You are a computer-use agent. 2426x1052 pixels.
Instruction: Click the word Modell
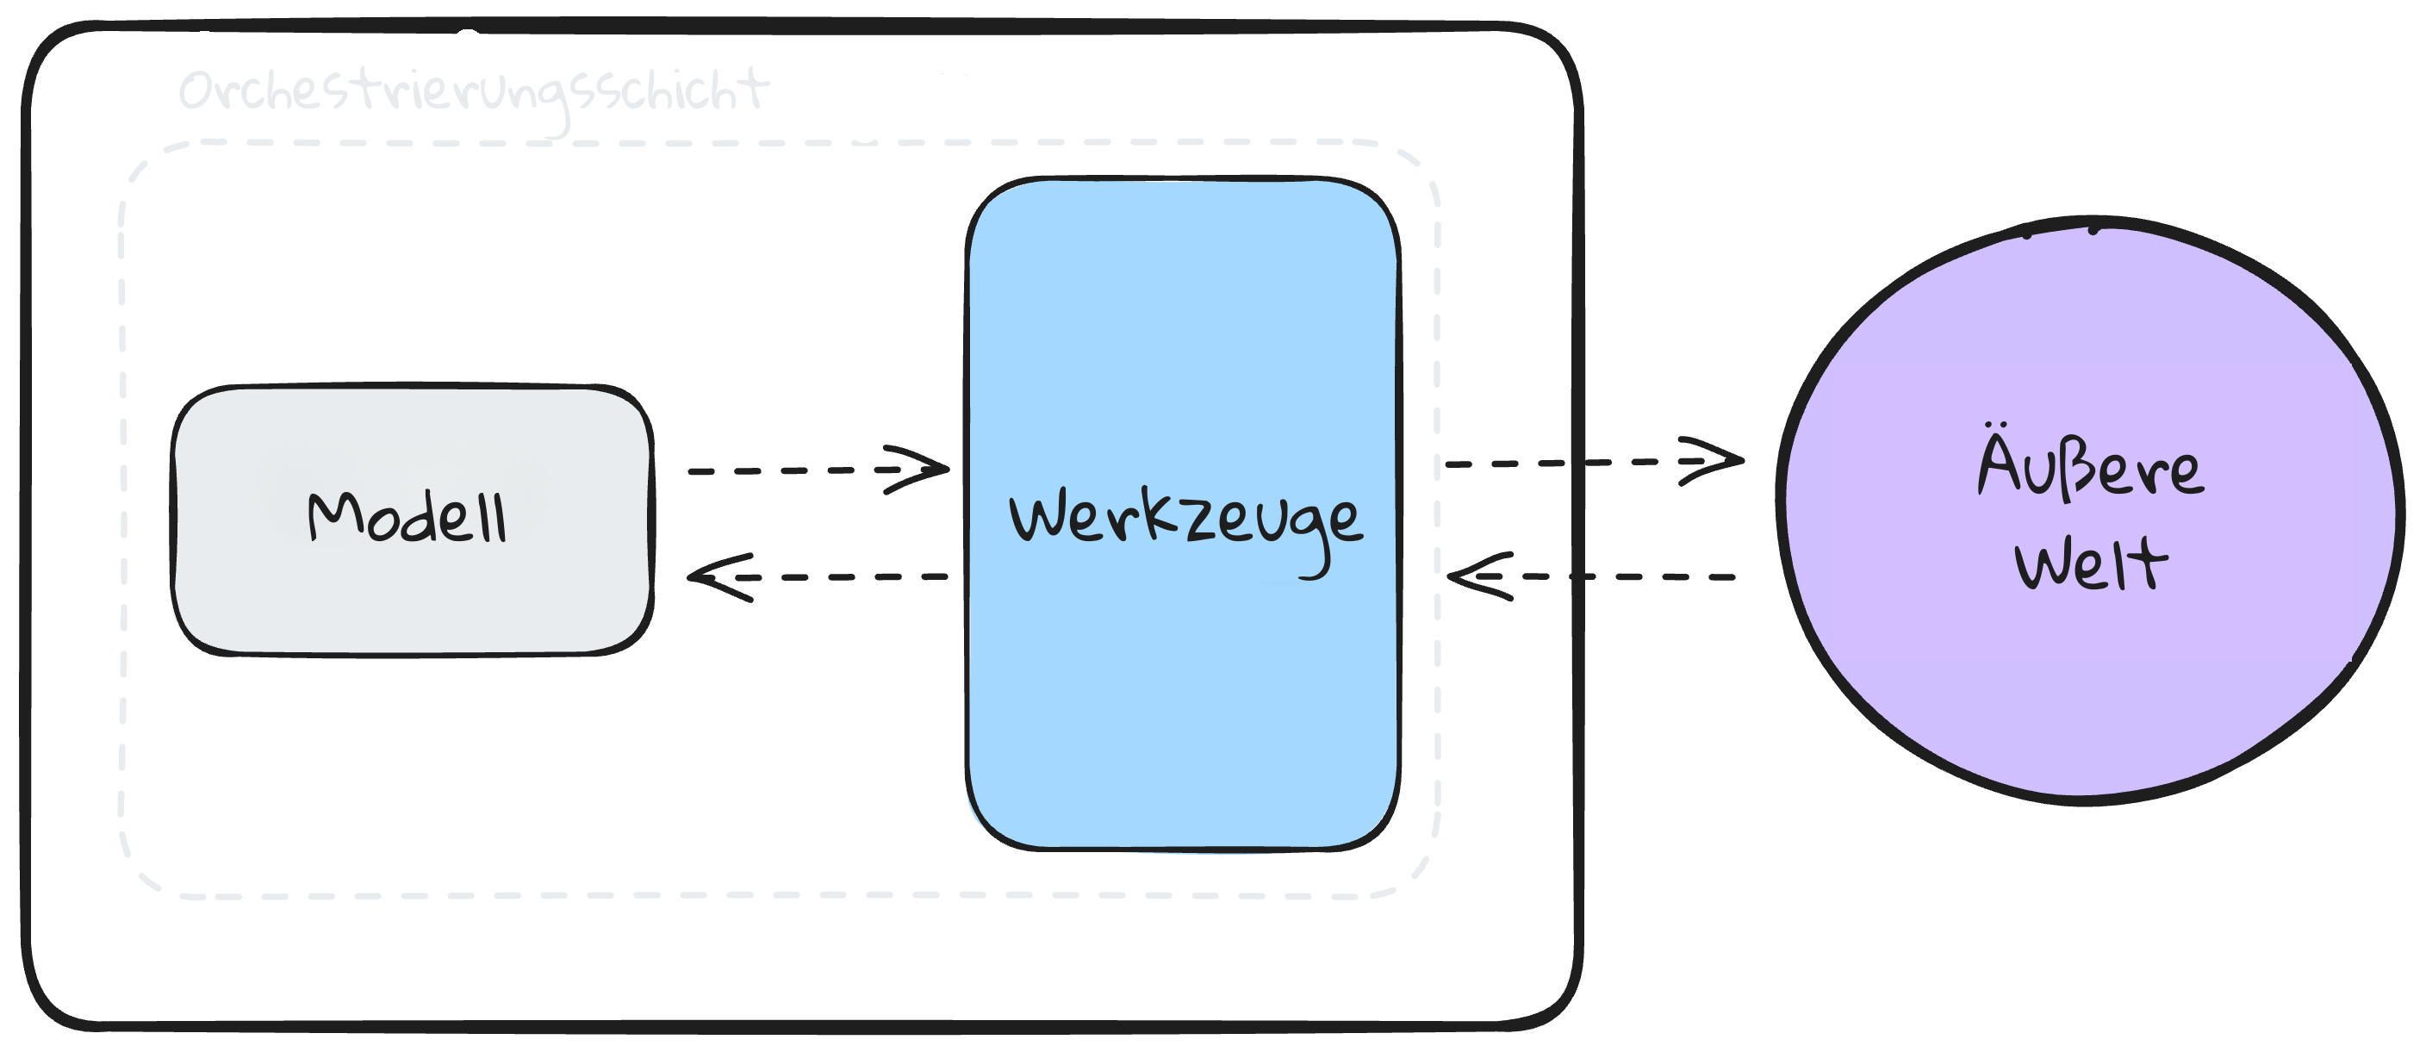[407, 517]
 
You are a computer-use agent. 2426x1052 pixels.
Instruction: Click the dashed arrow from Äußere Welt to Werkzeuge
[1620, 576]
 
